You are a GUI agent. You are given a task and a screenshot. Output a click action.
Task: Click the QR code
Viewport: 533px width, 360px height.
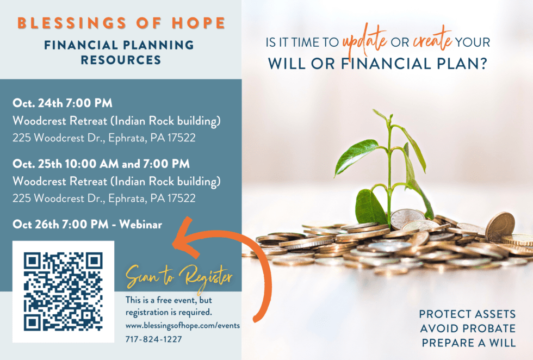pyautogui.click(x=63, y=292)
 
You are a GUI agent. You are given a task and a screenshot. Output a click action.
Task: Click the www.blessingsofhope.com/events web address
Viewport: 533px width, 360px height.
pyautogui.click(x=182, y=326)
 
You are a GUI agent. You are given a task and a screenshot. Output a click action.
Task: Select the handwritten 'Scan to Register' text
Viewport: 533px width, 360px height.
pyautogui.click(x=179, y=276)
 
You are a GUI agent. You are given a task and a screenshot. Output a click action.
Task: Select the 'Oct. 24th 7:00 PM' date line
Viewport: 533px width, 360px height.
pyautogui.click(x=63, y=103)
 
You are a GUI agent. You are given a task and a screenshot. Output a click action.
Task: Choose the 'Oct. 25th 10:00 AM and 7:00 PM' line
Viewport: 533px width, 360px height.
pyautogui.click(x=101, y=163)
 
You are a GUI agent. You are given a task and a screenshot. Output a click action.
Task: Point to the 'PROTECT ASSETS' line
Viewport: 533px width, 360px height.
pyautogui.click(x=467, y=314)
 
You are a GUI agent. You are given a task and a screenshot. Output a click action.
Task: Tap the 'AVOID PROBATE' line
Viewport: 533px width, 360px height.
pyautogui.click(x=467, y=328)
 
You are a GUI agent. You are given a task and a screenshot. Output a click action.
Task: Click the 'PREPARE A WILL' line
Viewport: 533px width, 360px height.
pyautogui.click(x=467, y=343)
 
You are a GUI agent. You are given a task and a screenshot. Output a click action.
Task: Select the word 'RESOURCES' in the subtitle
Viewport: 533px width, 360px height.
pyautogui.click(x=121, y=60)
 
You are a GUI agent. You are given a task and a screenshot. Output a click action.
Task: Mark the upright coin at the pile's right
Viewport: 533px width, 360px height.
pyautogui.click(x=500, y=227)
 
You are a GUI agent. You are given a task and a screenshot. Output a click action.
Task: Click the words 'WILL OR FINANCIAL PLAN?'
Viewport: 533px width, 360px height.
pyautogui.click(x=377, y=63)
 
